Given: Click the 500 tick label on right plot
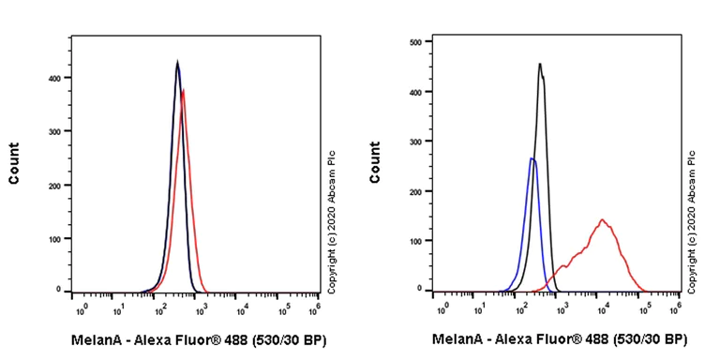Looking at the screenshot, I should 415,42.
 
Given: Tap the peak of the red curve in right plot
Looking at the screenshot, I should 602,220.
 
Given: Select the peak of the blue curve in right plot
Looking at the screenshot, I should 532,158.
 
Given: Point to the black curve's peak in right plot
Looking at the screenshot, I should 540,64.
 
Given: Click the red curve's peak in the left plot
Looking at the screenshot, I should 184,90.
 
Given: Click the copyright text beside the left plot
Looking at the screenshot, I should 331,221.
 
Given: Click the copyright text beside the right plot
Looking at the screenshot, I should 692,221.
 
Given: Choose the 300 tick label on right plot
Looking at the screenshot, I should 415,142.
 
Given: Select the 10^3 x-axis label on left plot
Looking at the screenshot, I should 201,307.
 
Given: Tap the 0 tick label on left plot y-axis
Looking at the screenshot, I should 58,290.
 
